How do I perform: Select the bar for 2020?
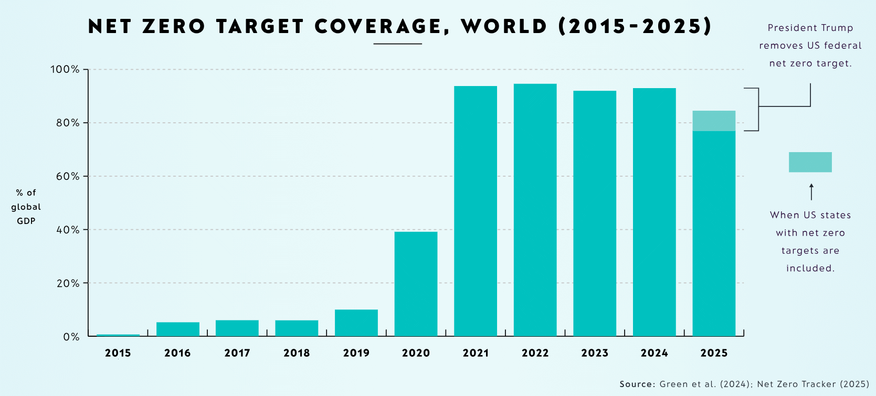(x=416, y=284)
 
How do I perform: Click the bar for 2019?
(x=356, y=323)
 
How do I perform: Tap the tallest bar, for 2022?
(x=535, y=210)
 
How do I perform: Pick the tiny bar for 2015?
(x=118, y=335)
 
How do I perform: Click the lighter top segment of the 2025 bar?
(x=714, y=121)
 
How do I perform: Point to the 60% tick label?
(x=68, y=176)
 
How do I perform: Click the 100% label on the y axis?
(x=65, y=69)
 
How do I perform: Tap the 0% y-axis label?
(x=71, y=337)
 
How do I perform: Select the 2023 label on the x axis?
(x=595, y=353)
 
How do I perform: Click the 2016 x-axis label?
(x=177, y=353)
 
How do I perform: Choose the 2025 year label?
(x=714, y=353)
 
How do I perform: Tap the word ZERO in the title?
(x=174, y=26)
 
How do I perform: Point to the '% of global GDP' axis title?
(x=26, y=207)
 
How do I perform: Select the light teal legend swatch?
(x=810, y=162)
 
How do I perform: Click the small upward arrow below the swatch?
(x=811, y=191)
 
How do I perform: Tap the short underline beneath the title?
(x=397, y=44)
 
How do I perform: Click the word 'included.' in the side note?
(x=810, y=269)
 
